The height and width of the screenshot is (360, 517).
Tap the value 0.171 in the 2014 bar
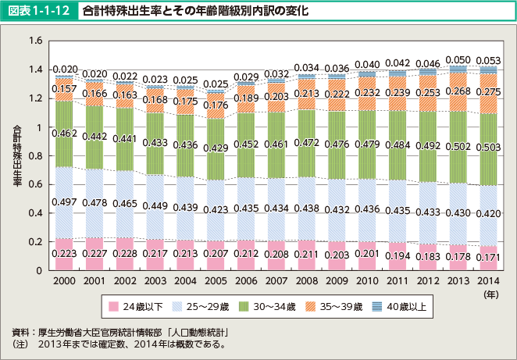tap(488, 257)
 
